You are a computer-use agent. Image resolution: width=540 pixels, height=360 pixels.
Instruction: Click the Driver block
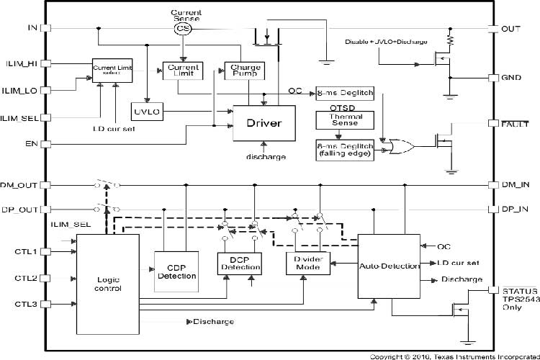tap(264, 123)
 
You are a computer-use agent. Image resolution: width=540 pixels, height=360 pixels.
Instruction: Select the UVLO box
tap(146, 113)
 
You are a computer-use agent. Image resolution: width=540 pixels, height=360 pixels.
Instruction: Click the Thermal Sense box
tap(341, 120)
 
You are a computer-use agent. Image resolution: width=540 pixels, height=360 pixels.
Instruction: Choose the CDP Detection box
tap(176, 271)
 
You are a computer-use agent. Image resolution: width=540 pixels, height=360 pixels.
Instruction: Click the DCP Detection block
tap(240, 263)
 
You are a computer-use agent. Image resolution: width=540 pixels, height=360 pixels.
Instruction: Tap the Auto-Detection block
tap(389, 266)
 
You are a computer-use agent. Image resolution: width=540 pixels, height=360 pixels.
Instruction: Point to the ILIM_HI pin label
tap(22, 63)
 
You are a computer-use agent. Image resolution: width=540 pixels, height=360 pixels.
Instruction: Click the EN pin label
tap(31, 144)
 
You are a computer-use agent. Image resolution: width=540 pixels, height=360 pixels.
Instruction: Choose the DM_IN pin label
tap(515, 184)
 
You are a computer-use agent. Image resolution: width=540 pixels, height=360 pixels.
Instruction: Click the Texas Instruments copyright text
tap(453, 356)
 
